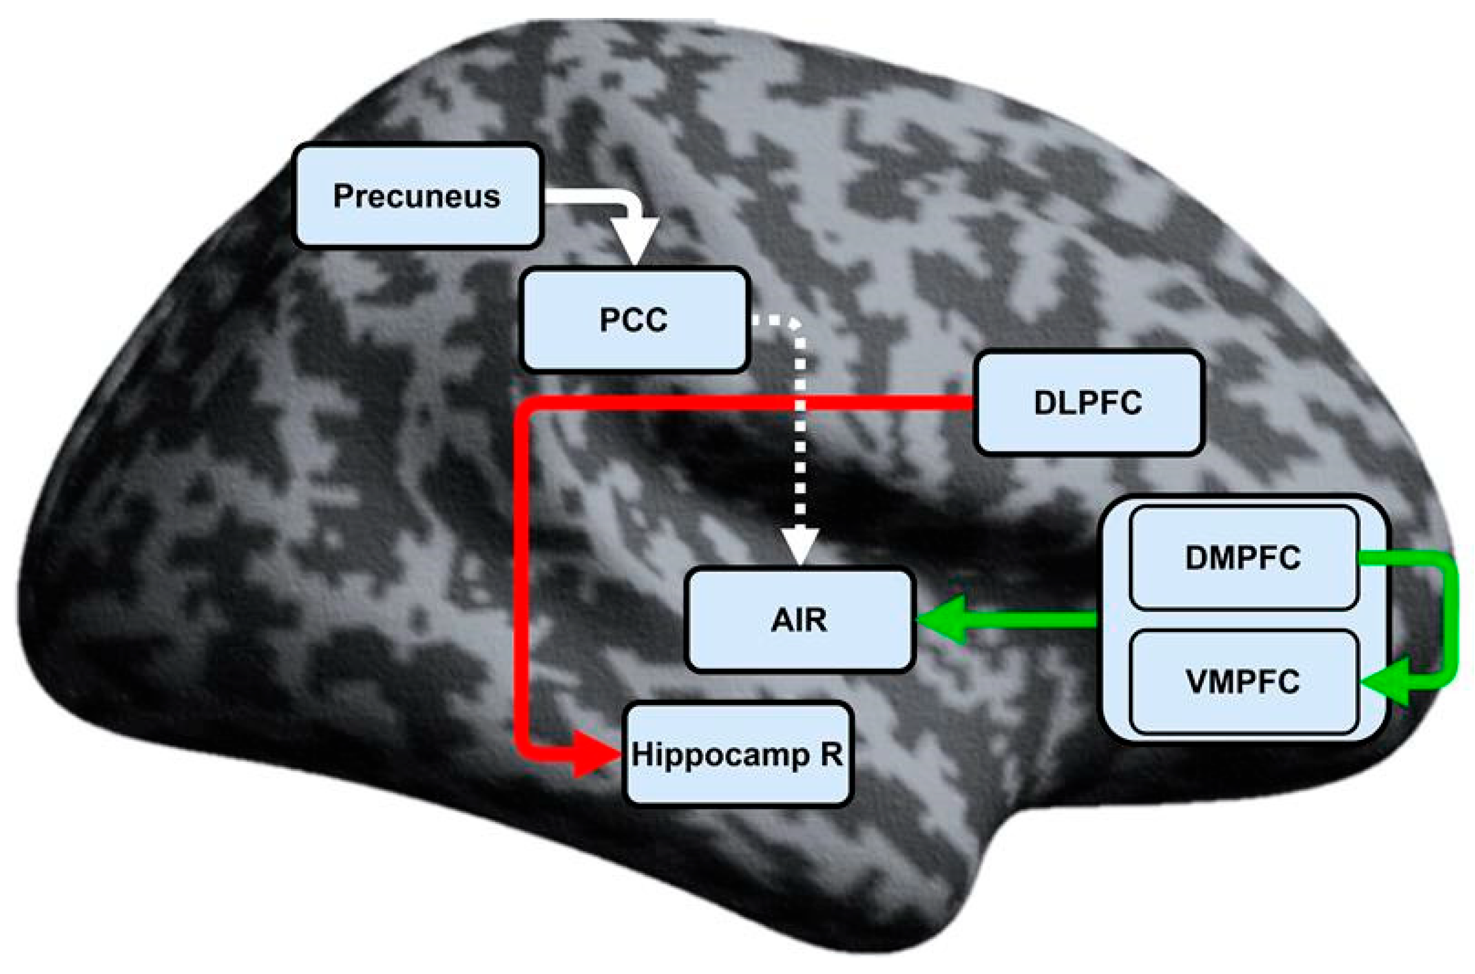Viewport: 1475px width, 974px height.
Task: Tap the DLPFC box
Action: click(x=1088, y=402)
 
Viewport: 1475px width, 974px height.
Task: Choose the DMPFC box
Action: click(x=1243, y=558)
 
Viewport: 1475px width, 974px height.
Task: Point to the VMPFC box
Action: click(x=1243, y=682)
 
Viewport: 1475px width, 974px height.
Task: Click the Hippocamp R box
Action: click(x=737, y=754)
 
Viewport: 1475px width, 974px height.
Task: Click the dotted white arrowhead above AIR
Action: click(x=800, y=545)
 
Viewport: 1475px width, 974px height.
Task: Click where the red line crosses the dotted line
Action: click(x=800, y=402)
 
